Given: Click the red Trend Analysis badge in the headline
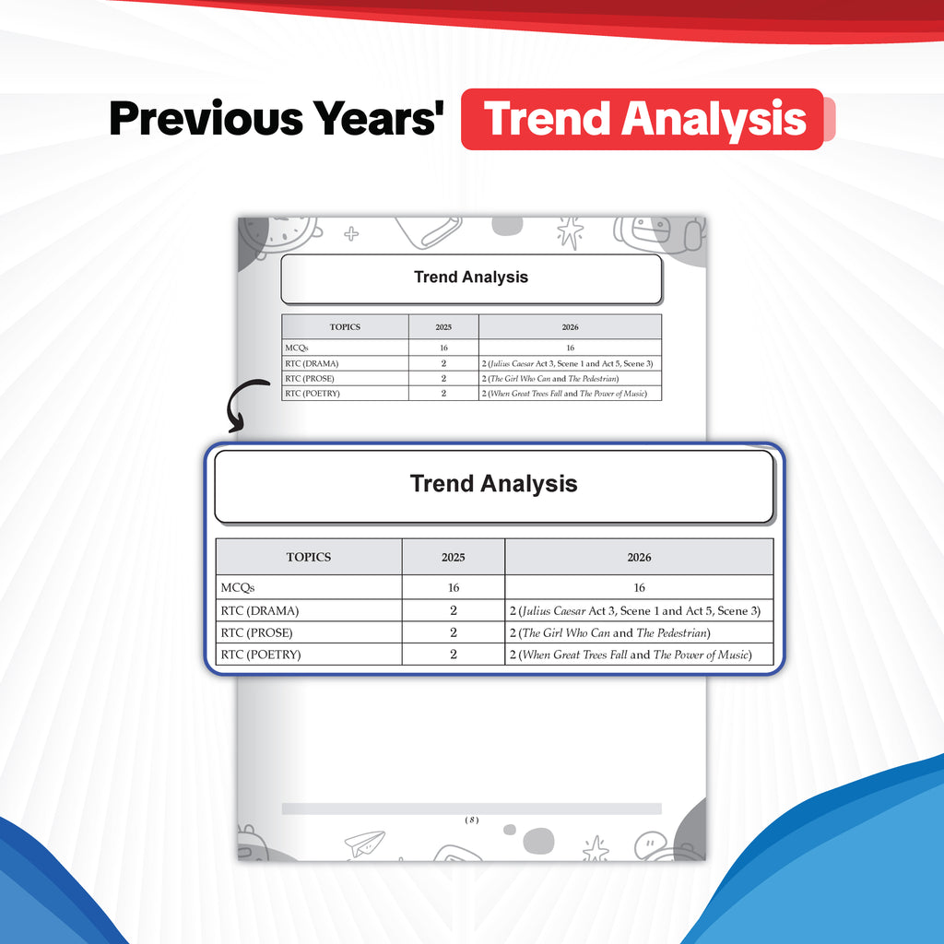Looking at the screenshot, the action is [643, 119].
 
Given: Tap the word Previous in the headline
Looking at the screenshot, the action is [206, 119].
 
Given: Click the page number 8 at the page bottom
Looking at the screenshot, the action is [472, 820].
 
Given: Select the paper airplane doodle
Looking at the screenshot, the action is [365, 844].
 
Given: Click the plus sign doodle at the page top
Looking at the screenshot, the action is [351, 233].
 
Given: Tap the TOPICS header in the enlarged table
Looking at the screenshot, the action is [309, 557].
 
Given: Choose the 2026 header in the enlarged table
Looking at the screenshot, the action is [640, 558].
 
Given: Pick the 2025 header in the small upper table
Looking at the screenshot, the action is [443, 327].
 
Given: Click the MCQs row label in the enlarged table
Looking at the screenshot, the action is [238, 587].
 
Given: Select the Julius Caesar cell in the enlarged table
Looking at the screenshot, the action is [635, 610].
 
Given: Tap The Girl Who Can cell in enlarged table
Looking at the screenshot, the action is [610, 632].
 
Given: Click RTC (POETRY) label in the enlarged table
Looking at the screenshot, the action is [261, 655].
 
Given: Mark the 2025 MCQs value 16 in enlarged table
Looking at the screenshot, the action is [454, 587].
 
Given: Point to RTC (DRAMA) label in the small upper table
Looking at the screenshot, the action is [312, 363].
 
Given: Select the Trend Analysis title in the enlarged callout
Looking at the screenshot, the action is [494, 483].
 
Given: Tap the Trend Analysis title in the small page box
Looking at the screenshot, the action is [471, 277].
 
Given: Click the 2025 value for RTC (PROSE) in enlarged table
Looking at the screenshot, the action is [454, 632].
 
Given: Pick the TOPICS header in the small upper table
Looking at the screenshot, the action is [345, 327].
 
